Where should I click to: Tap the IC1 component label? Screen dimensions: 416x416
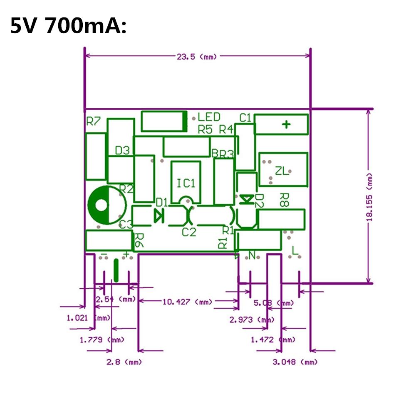(x=186, y=183)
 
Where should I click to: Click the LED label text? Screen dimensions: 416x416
(x=209, y=117)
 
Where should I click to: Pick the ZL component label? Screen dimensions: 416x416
(x=282, y=171)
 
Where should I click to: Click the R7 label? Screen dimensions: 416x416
(x=94, y=121)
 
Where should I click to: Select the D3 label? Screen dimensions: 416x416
(x=122, y=151)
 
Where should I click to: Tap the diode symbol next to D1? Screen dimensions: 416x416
(x=158, y=215)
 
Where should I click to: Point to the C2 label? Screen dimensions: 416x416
(x=189, y=232)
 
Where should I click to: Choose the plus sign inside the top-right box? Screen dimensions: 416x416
(x=286, y=124)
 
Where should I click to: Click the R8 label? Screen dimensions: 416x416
(x=285, y=199)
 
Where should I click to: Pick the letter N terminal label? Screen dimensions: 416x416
(x=252, y=255)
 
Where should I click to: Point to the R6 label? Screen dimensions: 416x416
(x=139, y=240)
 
